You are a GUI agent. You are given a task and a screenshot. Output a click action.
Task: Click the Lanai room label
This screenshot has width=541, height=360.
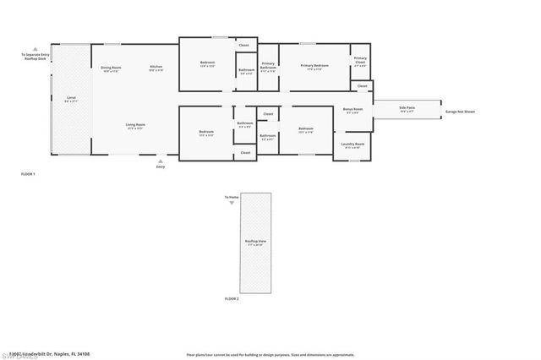[x=71, y=100]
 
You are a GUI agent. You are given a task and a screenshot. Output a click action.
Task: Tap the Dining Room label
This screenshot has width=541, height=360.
[x=112, y=68]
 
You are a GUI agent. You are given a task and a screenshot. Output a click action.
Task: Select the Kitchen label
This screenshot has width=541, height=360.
[x=156, y=68]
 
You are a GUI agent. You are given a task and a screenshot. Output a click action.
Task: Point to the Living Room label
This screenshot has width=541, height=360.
[x=136, y=126]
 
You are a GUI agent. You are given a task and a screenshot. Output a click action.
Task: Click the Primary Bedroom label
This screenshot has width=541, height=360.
[x=314, y=65]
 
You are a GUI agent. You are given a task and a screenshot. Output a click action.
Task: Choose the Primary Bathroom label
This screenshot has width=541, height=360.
[x=268, y=65]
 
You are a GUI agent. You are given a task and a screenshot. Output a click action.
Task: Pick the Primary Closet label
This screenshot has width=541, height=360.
[x=360, y=62]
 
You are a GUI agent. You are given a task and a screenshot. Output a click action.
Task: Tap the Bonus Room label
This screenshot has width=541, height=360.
[x=352, y=110]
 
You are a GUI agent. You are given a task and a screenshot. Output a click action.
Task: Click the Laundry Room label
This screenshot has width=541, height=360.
[x=352, y=145]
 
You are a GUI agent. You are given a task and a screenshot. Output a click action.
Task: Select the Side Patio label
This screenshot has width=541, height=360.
[x=407, y=106]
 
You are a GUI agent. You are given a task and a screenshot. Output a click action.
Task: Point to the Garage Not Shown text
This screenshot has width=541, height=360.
[x=461, y=111]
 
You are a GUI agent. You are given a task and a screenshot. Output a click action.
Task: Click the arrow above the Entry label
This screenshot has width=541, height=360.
[x=161, y=161]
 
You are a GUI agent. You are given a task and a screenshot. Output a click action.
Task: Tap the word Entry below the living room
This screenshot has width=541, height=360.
[x=161, y=167]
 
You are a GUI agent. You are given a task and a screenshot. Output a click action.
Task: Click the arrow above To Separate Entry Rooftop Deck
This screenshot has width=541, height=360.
[x=35, y=48]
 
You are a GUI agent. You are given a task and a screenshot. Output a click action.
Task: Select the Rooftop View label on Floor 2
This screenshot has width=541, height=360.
[x=252, y=242]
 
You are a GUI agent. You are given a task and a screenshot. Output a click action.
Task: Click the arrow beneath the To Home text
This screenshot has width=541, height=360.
[x=232, y=204]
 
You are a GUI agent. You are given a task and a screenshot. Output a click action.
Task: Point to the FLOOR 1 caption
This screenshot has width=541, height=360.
[x=28, y=173]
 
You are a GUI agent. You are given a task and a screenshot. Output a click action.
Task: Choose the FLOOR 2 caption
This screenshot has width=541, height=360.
[x=232, y=299]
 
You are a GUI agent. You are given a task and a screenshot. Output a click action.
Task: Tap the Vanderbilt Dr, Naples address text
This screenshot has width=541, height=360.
[x=56, y=354]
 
